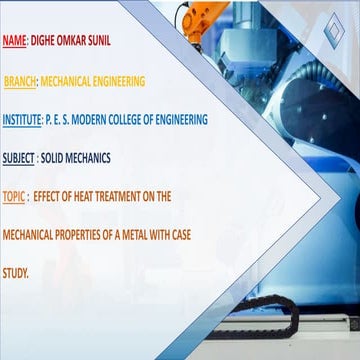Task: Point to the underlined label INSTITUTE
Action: pos(21,120)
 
